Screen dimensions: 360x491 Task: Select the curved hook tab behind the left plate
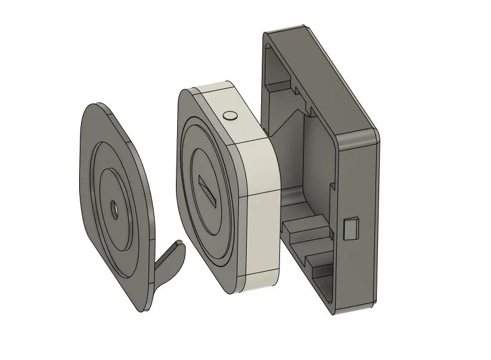click(169, 260)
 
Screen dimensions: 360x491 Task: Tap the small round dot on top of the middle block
click(229, 114)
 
